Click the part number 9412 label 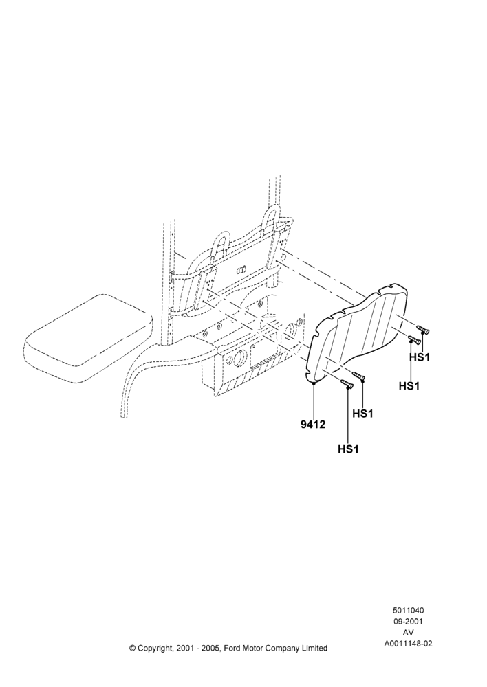click(313, 424)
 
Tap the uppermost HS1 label click(420, 357)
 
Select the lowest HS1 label click(348, 449)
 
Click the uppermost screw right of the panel click(422, 330)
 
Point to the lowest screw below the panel click(347, 384)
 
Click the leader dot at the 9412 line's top click(314, 383)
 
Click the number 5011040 click(408, 610)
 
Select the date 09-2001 click(408, 621)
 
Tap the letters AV click(408, 633)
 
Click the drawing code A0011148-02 click(408, 644)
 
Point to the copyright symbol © click(133, 648)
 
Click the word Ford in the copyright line click(232, 648)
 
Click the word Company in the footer click(282, 649)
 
